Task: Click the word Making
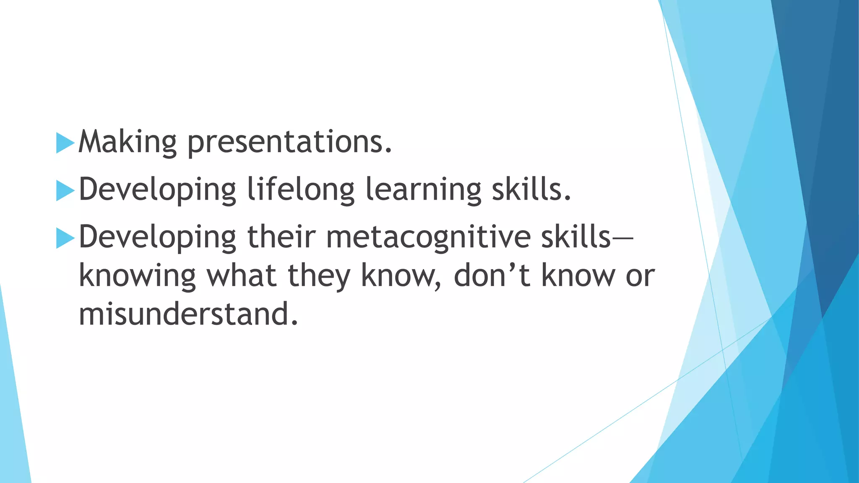128,143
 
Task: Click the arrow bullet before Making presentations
65,143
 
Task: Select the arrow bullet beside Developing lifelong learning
65,191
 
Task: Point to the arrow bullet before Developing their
65,238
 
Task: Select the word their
281,237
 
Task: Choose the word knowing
137,277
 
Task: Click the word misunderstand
188,314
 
